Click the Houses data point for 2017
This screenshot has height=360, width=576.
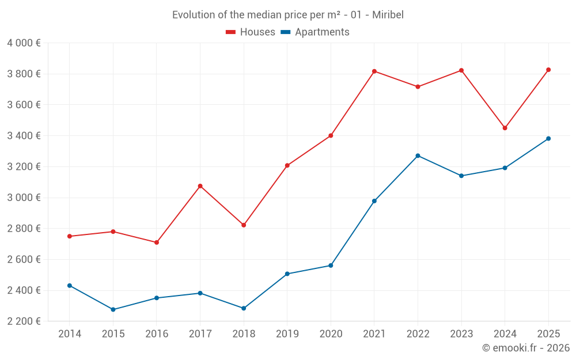[200, 186]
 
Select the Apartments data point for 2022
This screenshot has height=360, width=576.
[418, 156]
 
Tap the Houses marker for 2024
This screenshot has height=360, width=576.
[505, 128]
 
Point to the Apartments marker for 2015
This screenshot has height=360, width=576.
[113, 309]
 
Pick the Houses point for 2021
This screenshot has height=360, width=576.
[374, 71]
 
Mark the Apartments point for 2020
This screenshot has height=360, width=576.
[331, 266]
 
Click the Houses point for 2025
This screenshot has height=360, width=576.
[548, 70]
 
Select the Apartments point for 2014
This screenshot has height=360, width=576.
[70, 286]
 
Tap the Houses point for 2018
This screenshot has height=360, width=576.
[244, 225]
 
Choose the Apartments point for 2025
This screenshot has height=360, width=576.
[548, 138]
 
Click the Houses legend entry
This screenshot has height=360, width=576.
[251, 32]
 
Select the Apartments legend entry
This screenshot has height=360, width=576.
[315, 32]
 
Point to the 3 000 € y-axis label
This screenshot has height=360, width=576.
[24, 198]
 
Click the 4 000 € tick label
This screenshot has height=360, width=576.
[24, 43]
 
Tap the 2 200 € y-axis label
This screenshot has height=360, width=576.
[24, 321]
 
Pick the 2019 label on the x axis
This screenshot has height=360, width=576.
[287, 334]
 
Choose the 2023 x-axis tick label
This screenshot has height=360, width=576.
[461, 334]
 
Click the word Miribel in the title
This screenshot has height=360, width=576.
[388, 15]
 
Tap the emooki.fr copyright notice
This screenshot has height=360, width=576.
[526, 348]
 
